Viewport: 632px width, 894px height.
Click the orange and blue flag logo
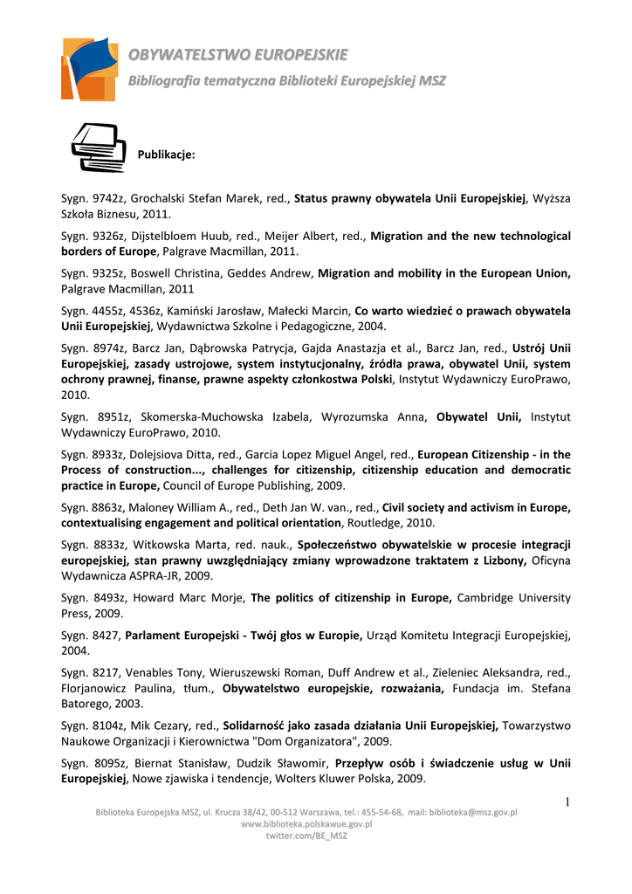(89, 69)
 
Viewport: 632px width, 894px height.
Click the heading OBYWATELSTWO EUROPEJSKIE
(237, 55)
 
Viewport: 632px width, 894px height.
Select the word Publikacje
(166, 155)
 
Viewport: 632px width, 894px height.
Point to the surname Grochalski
(162, 198)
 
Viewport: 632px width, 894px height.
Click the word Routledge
(375, 522)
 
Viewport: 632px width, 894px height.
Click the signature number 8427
(106, 635)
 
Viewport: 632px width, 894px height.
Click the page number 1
(566, 802)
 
